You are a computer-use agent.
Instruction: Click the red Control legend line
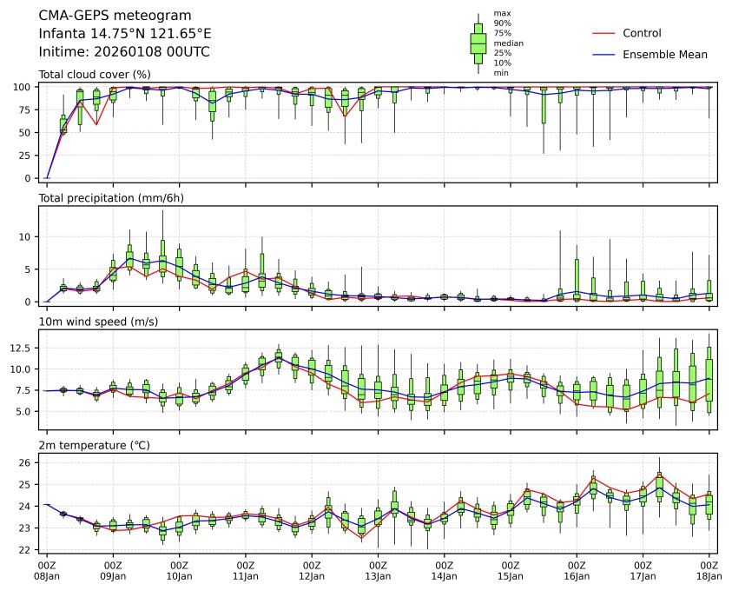pyautogui.click(x=603, y=33)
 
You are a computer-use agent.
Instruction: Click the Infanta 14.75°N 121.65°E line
pyautogui.click(x=125, y=34)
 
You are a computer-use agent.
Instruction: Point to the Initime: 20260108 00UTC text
pyautogui.click(x=124, y=52)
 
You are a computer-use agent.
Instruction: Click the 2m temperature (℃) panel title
pyautogui.click(x=95, y=446)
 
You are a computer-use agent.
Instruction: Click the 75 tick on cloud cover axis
pyautogui.click(x=26, y=110)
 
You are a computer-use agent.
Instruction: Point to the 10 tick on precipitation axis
pyautogui.click(x=26, y=236)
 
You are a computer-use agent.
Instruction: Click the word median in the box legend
pyautogui.click(x=508, y=43)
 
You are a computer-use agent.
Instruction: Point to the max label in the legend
pyautogui.click(x=501, y=13)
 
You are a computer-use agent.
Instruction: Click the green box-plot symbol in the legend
pyautogui.click(x=478, y=43)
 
